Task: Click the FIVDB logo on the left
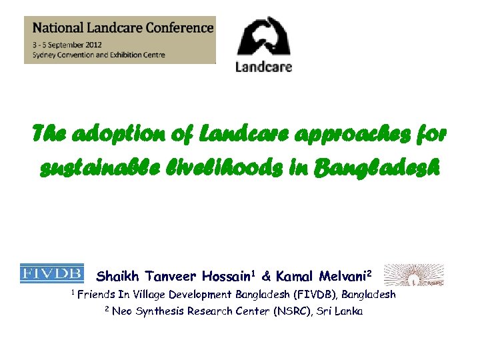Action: (52, 274)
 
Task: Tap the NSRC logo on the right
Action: (414, 274)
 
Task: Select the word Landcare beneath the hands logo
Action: (264, 67)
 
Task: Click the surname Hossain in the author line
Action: (223, 276)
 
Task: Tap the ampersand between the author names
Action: (266, 276)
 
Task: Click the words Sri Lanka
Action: (341, 311)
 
